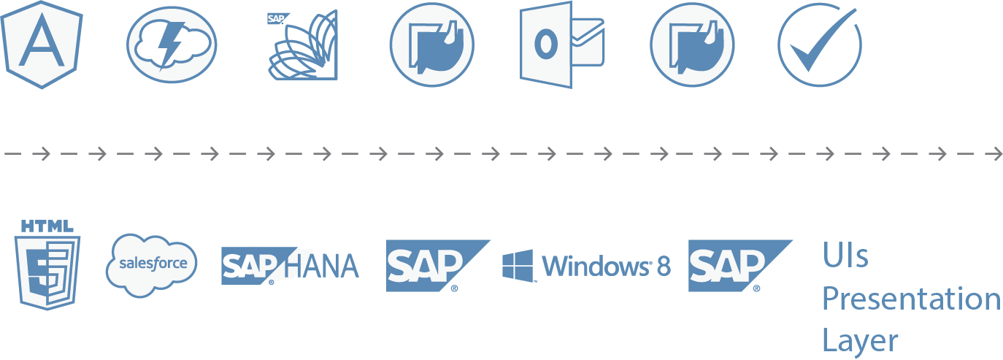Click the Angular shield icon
42,44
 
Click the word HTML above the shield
47,226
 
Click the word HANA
321,267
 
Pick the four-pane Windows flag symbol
518,266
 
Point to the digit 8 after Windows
663,266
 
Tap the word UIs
845,256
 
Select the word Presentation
911,299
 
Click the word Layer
860,340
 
